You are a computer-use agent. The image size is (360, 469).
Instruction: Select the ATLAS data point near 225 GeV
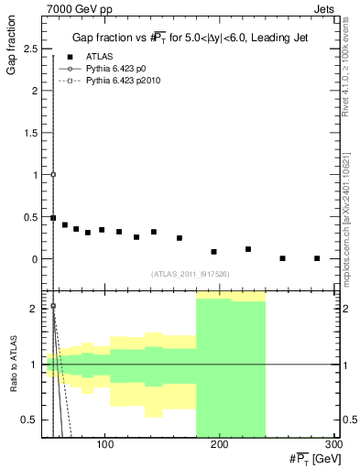[x=248, y=249]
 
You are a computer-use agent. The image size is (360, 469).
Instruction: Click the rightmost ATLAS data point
[x=317, y=258]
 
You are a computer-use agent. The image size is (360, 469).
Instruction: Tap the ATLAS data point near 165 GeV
[x=180, y=238]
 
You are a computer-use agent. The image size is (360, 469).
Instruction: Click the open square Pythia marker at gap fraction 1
[x=53, y=174]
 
